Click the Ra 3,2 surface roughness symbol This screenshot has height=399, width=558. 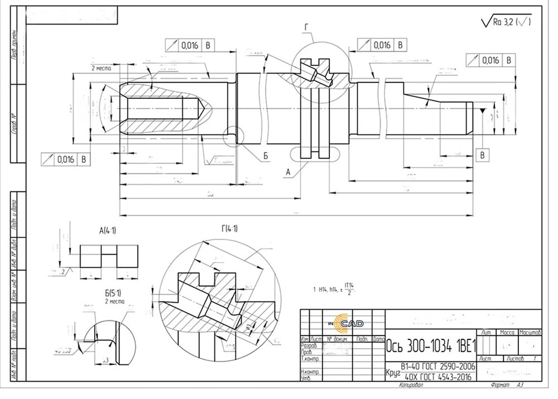coord(505,22)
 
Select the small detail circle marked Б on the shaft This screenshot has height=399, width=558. coord(234,135)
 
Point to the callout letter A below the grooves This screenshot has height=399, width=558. coord(288,173)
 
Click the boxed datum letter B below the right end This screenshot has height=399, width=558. coord(483,155)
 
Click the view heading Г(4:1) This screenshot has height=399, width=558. coord(229,228)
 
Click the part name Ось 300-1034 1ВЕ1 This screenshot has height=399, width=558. coord(430,346)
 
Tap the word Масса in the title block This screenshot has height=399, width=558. coord(507,332)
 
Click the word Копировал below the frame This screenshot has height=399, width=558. coord(412,385)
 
